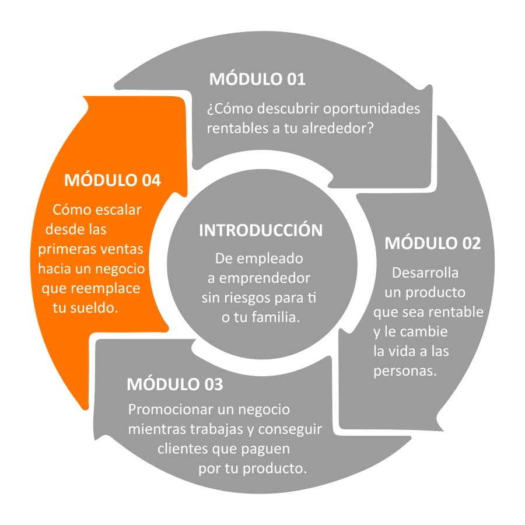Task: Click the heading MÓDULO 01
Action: tap(257, 79)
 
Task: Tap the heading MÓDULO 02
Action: tap(433, 243)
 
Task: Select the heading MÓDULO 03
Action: tap(175, 384)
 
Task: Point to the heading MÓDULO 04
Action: tap(113, 180)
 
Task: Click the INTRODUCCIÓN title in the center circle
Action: tap(261, 230)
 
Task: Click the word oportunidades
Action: tap(372, 109)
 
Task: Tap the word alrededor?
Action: tap(338, 128)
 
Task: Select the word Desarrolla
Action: tap(425, 273)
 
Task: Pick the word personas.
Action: tap(405, 372)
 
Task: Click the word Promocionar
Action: tap(171, 409)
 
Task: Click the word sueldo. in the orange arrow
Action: tap(94, 308)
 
